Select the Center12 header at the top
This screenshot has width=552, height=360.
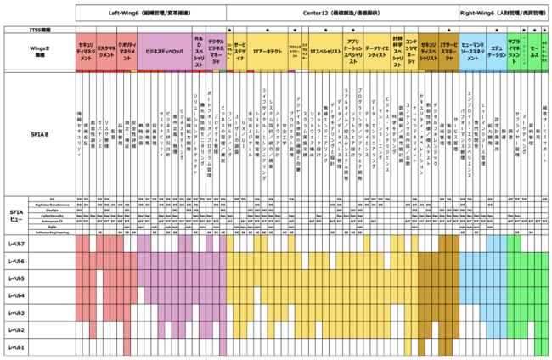point(341,14)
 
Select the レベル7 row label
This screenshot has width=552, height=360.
point(17,243)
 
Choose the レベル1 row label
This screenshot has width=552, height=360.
point(17,347)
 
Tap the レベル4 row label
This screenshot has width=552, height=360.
point(17,295)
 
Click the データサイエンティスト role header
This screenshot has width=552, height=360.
point(377,51)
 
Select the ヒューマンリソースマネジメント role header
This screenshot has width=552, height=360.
point(473,51)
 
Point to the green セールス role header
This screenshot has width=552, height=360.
point(533,51)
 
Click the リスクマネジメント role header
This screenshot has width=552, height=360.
point(105,51)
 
